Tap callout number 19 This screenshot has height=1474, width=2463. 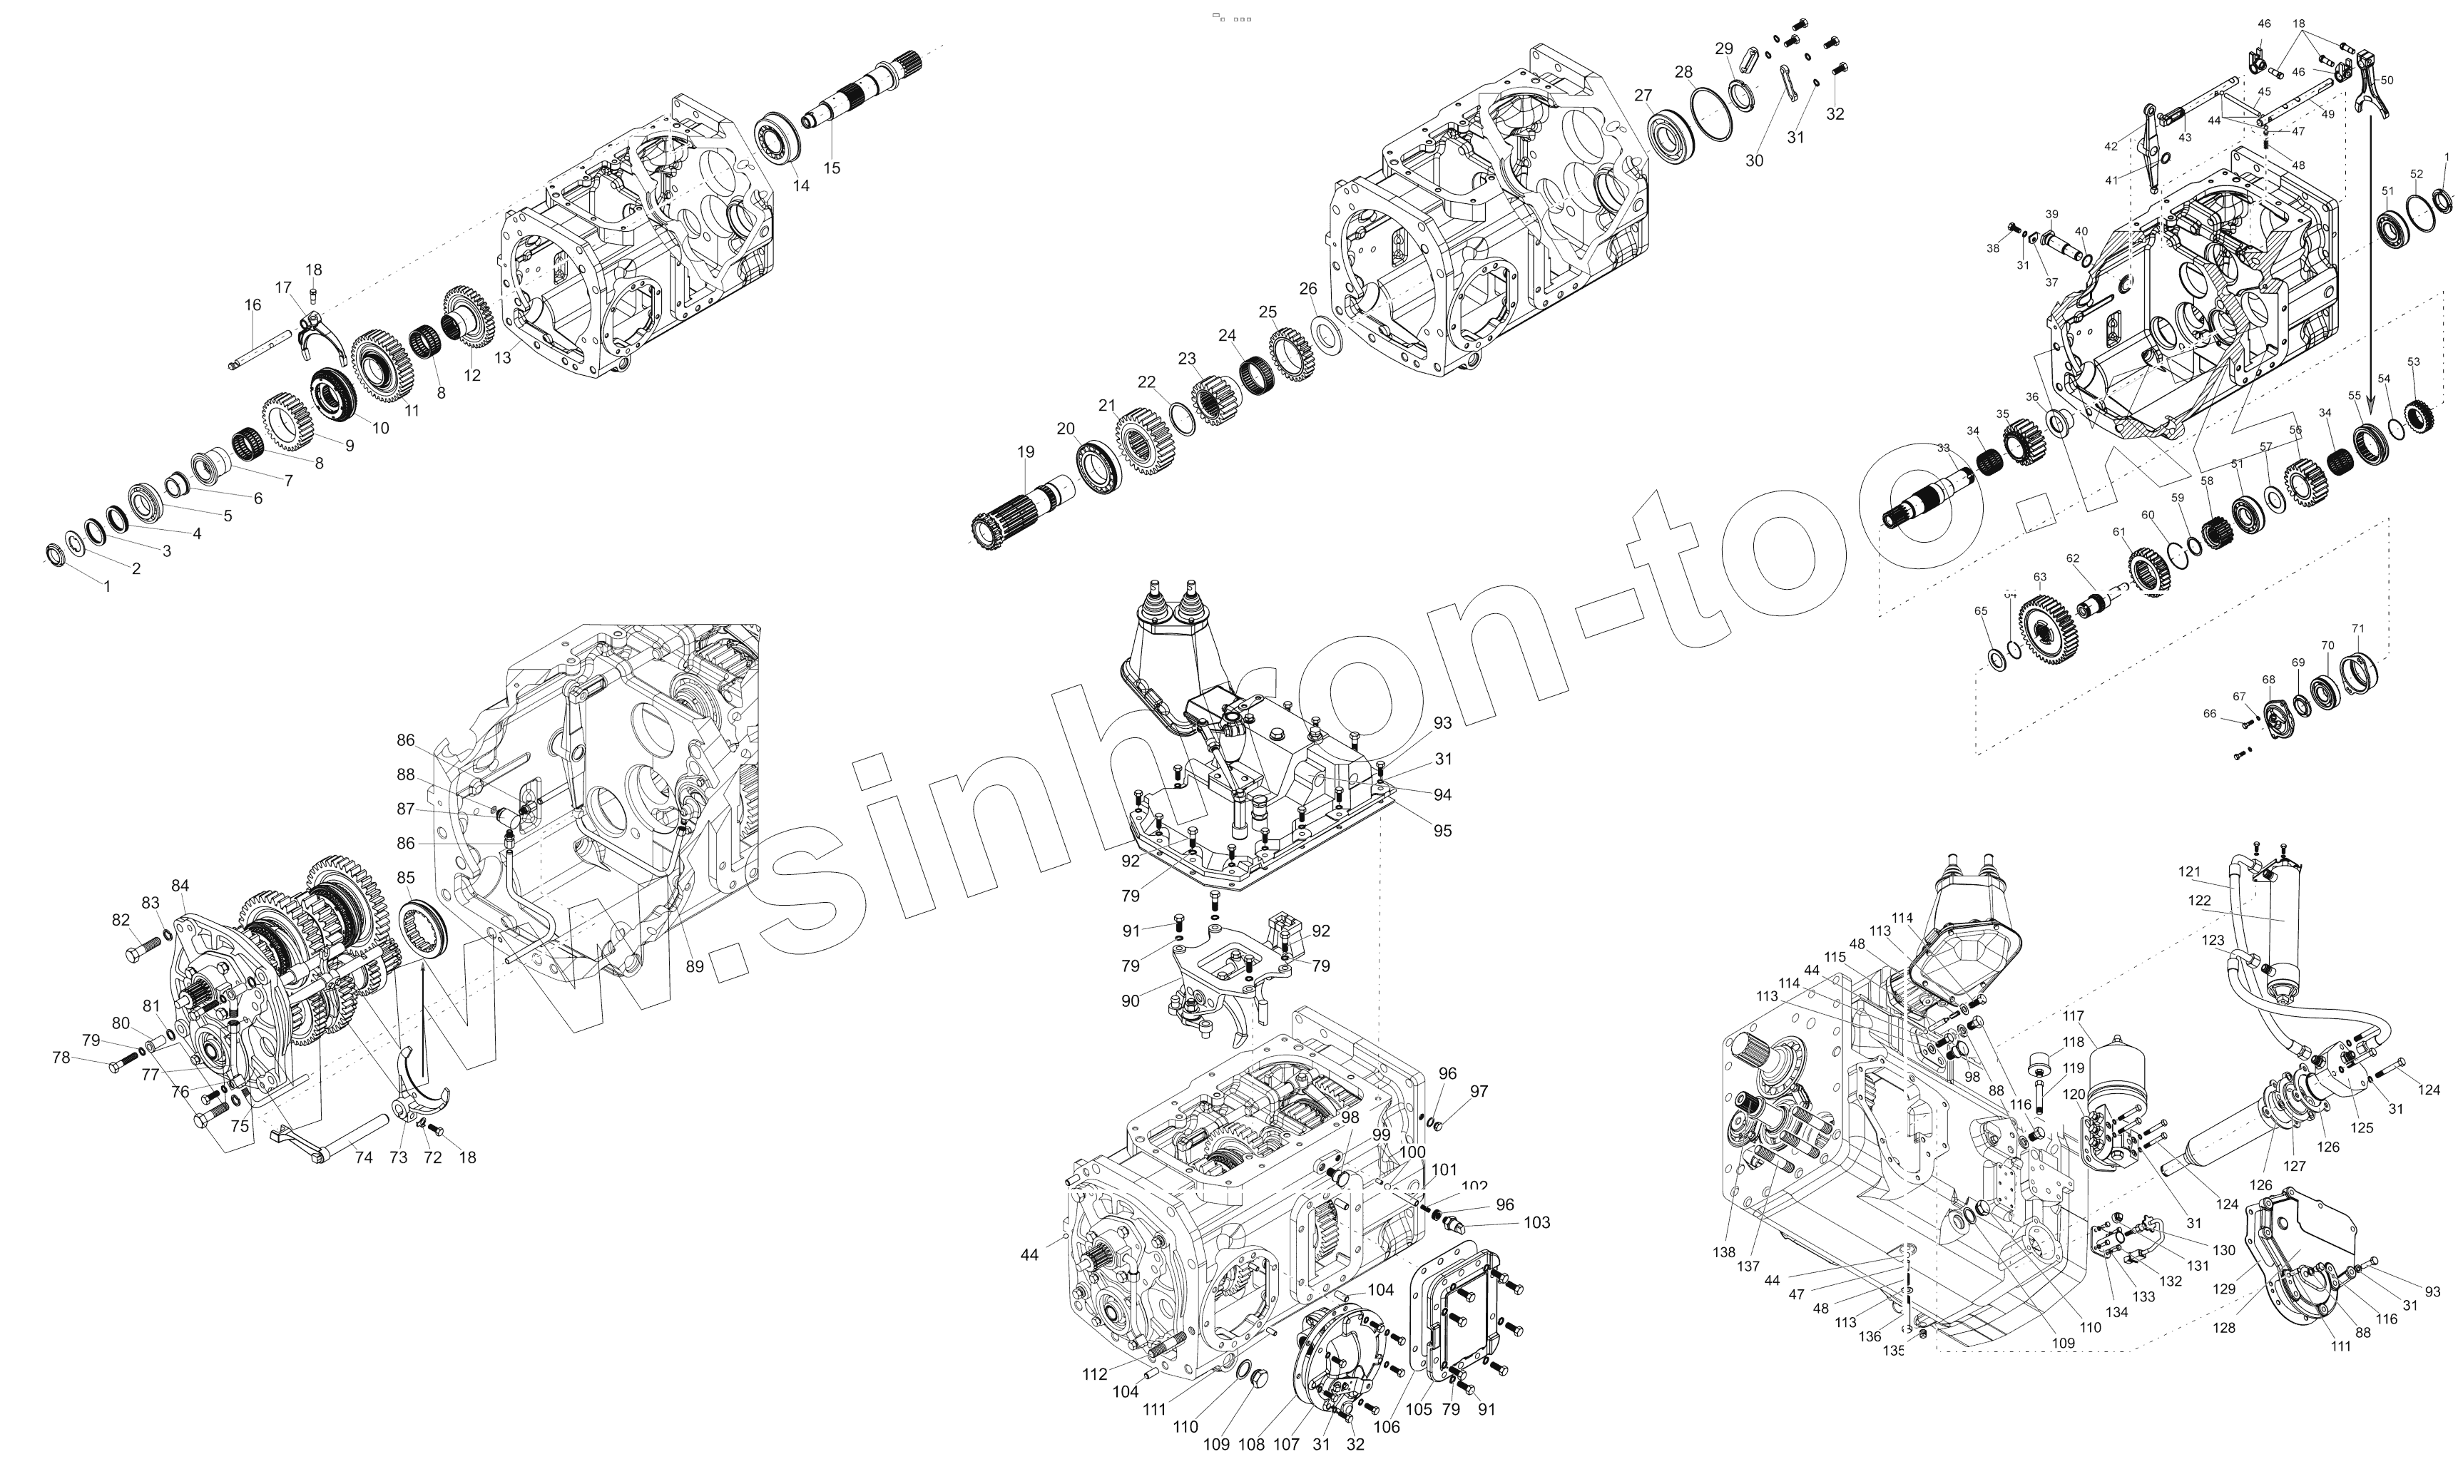coord(1025,452)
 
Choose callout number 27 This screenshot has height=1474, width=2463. coord(1643,96)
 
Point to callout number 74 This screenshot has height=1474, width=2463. coord(364,1157)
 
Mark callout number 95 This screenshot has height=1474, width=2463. coord(1442,830)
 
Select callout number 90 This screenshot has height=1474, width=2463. coord(1130,1001)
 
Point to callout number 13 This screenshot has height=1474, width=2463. coord(504,357)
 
